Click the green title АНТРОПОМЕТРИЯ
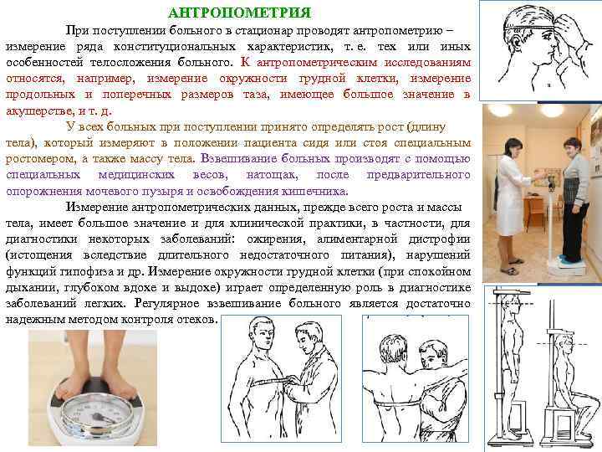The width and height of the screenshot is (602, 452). (239, 13)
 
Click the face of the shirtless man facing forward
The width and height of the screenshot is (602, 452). (263, 334)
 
